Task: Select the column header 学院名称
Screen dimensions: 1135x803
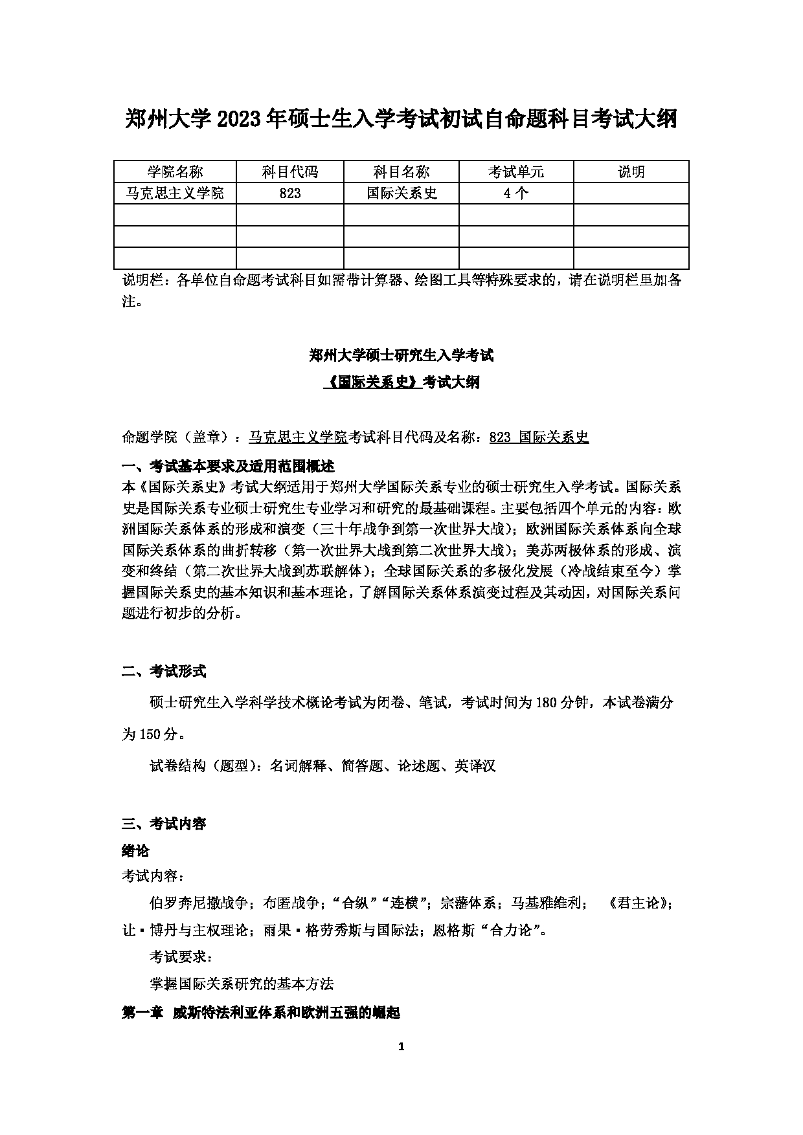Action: [x=175, y=171]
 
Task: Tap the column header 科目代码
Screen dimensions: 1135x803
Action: [x=289, y=171]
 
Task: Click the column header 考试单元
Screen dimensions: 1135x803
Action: [x=515, y=171]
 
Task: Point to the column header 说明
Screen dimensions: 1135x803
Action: [x=631, y=171]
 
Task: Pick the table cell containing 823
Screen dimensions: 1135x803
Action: [x=289, y=193]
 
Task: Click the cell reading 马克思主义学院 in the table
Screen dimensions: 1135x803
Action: [x=175, y=193]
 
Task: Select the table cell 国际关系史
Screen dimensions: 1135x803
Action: [x=401, y=193]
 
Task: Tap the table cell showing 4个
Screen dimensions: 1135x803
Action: [x=515, y=193]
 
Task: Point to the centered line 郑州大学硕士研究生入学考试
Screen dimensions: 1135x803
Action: [x=401, y=355]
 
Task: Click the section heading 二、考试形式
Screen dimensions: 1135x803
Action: [x=164, y=672]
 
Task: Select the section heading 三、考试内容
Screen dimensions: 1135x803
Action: [x=164, y=824]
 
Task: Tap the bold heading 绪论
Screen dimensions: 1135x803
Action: [x=135, y=850]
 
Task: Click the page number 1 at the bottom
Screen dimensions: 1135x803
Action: [x=401, y=1047]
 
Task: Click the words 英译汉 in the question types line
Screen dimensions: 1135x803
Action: [x=475, y=766]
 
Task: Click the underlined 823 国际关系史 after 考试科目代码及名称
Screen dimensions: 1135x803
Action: [x=539, y=437]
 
